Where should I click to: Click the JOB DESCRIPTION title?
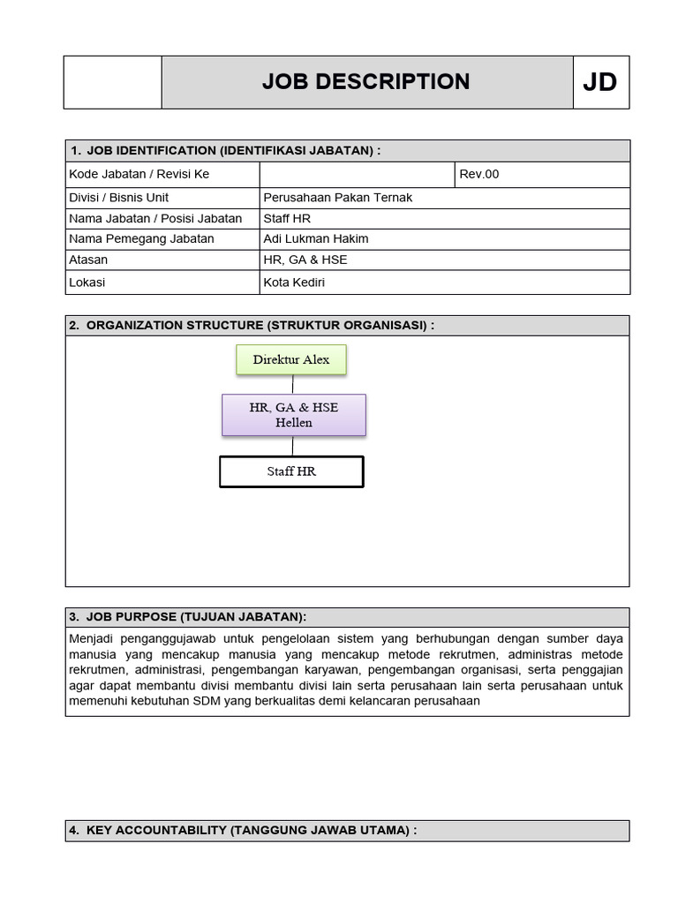365,82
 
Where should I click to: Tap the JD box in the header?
600,82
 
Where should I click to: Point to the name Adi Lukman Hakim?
315,239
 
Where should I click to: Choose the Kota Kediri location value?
294,283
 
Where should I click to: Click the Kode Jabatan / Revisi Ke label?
139,174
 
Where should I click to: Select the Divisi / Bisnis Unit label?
118,198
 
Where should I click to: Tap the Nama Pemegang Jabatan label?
141,239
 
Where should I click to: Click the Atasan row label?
88,260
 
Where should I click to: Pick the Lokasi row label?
87,283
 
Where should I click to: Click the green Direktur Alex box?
290,360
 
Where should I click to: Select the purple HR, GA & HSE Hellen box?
293,415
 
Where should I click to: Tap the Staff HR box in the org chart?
291,471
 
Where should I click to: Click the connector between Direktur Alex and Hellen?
292,384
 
